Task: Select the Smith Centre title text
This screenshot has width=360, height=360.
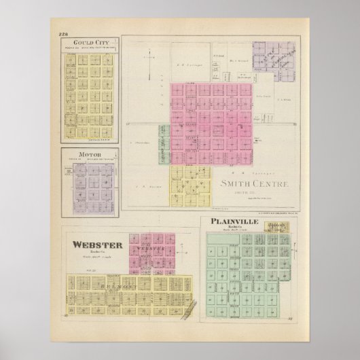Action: coord(255,184)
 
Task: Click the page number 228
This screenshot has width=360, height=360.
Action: coord(64,35)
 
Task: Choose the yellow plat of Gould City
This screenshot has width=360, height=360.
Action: coord(90,92)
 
